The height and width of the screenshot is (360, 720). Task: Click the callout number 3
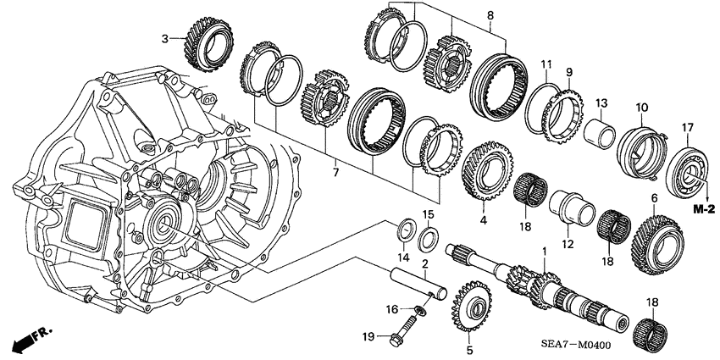[166, 38]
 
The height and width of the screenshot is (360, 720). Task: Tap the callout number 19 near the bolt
[368, 338]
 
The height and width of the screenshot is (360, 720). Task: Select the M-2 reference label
[701, 208]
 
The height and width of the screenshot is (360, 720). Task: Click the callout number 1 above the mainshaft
[543, 252]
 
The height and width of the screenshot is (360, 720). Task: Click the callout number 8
[490, 16]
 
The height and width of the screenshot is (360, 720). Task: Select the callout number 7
[335, 173]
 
